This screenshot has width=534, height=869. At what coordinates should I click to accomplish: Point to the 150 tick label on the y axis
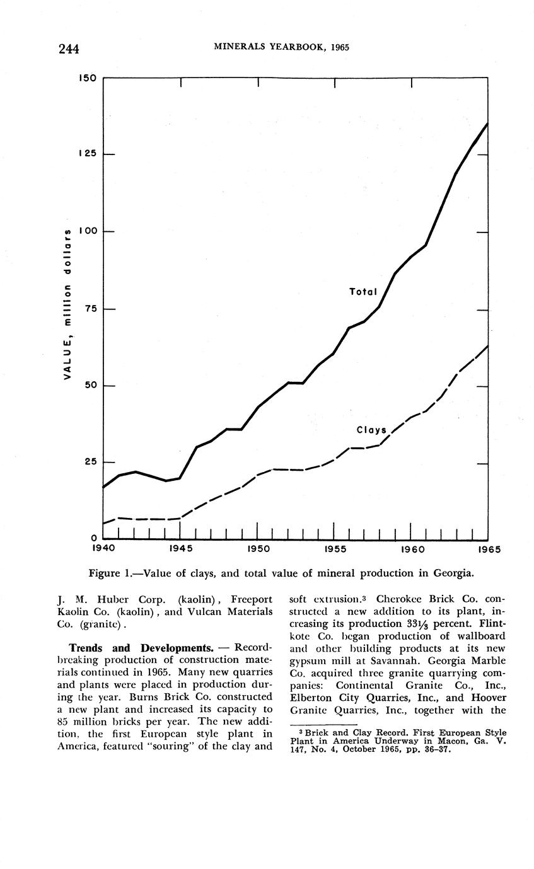86,79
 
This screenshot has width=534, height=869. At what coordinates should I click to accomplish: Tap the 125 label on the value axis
86,155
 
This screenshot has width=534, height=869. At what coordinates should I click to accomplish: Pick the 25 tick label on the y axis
88,463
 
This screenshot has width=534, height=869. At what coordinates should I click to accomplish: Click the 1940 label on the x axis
104,550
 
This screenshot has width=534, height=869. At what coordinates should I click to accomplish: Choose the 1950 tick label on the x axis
258,550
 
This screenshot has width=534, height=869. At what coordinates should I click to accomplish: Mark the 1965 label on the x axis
489,550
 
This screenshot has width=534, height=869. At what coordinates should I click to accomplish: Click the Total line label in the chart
363,292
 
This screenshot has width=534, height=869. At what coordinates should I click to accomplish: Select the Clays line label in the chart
371,430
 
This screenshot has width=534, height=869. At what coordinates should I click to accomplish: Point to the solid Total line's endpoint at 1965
487,124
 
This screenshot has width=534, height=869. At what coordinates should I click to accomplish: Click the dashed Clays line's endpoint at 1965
487,345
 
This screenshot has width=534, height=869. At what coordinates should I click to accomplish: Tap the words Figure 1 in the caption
110,573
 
